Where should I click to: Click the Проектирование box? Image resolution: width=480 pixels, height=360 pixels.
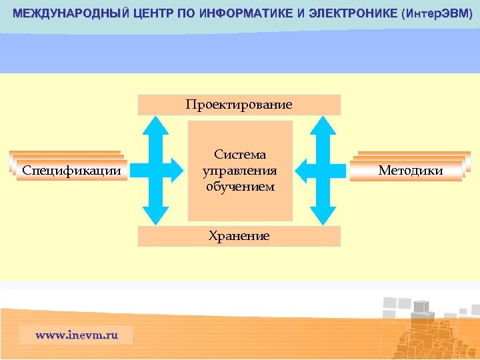[239, 105]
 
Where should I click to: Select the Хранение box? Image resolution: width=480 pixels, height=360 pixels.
[239, 236]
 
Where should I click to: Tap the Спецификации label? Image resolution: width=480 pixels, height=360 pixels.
[72, 171]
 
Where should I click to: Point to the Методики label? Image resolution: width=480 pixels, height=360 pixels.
[410, 171]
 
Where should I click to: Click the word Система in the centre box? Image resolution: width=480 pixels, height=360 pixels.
[240, 155]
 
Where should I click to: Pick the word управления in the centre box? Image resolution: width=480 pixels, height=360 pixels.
[240, 171]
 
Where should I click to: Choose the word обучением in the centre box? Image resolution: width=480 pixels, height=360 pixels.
[240, 187]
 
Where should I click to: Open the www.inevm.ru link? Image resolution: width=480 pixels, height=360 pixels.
[76, 335]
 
